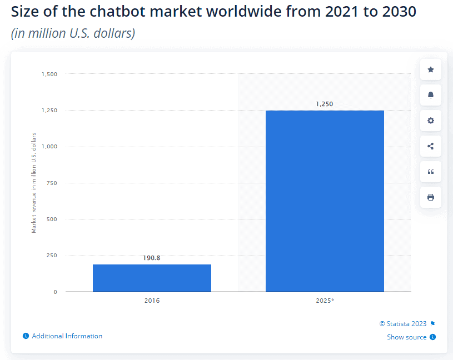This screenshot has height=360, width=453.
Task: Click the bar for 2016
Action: coord(152,278)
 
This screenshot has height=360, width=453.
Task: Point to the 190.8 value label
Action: coord(152,258)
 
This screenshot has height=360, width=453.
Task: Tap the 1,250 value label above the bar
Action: coord(324,104)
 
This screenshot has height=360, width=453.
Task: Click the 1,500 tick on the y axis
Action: coord(49,74)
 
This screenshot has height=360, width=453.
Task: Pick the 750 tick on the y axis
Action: coord(52,183)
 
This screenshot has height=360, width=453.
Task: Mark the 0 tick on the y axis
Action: coord(55,292)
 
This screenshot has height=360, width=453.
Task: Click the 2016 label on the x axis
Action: coord(152,301)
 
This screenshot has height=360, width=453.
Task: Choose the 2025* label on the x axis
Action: coord(325,301)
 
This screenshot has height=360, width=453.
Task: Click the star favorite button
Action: coord(431,69)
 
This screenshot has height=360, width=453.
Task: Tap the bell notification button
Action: coord(431,95)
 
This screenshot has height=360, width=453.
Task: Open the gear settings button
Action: coord(431,121)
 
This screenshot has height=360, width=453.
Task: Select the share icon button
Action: coord(431,146)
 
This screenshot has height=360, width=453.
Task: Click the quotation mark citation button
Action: coord(431,172)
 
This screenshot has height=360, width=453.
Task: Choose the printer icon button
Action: coord(431,197)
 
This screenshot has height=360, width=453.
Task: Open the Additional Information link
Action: coord(67,336)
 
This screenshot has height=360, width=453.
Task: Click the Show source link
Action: coord(407,337)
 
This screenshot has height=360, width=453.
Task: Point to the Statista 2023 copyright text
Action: coord(403,324)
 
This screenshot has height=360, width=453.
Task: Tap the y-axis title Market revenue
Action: coord(34,183)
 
